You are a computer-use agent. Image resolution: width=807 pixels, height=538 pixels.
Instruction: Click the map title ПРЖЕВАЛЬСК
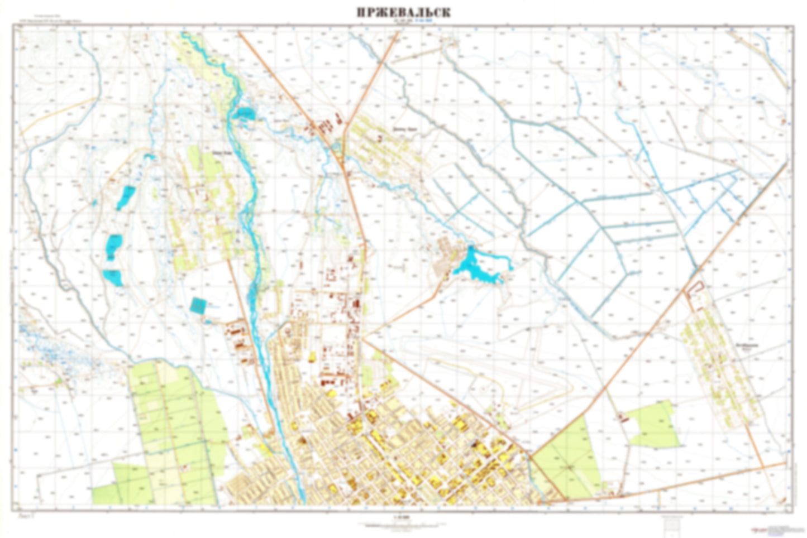click(403, 12)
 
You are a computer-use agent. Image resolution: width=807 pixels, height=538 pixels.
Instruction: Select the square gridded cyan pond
click(198, 305)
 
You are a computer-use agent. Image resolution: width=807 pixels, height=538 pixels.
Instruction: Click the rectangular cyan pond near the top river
click(245, 114)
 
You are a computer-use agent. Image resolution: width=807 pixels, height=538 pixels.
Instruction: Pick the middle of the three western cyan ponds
click(114, 246)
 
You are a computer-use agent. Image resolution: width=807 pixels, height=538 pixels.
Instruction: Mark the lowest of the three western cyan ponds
click(113, 277)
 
